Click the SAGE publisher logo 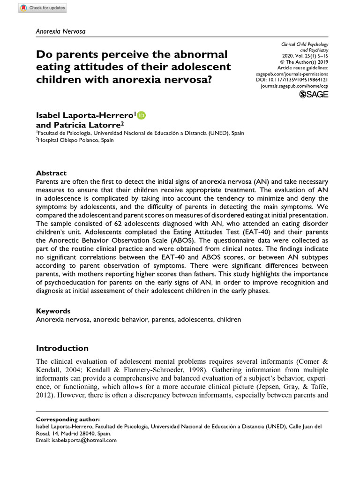[314, 95]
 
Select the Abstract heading [51, 173]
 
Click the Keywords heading [53, 311]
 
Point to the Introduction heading [62, 348]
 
